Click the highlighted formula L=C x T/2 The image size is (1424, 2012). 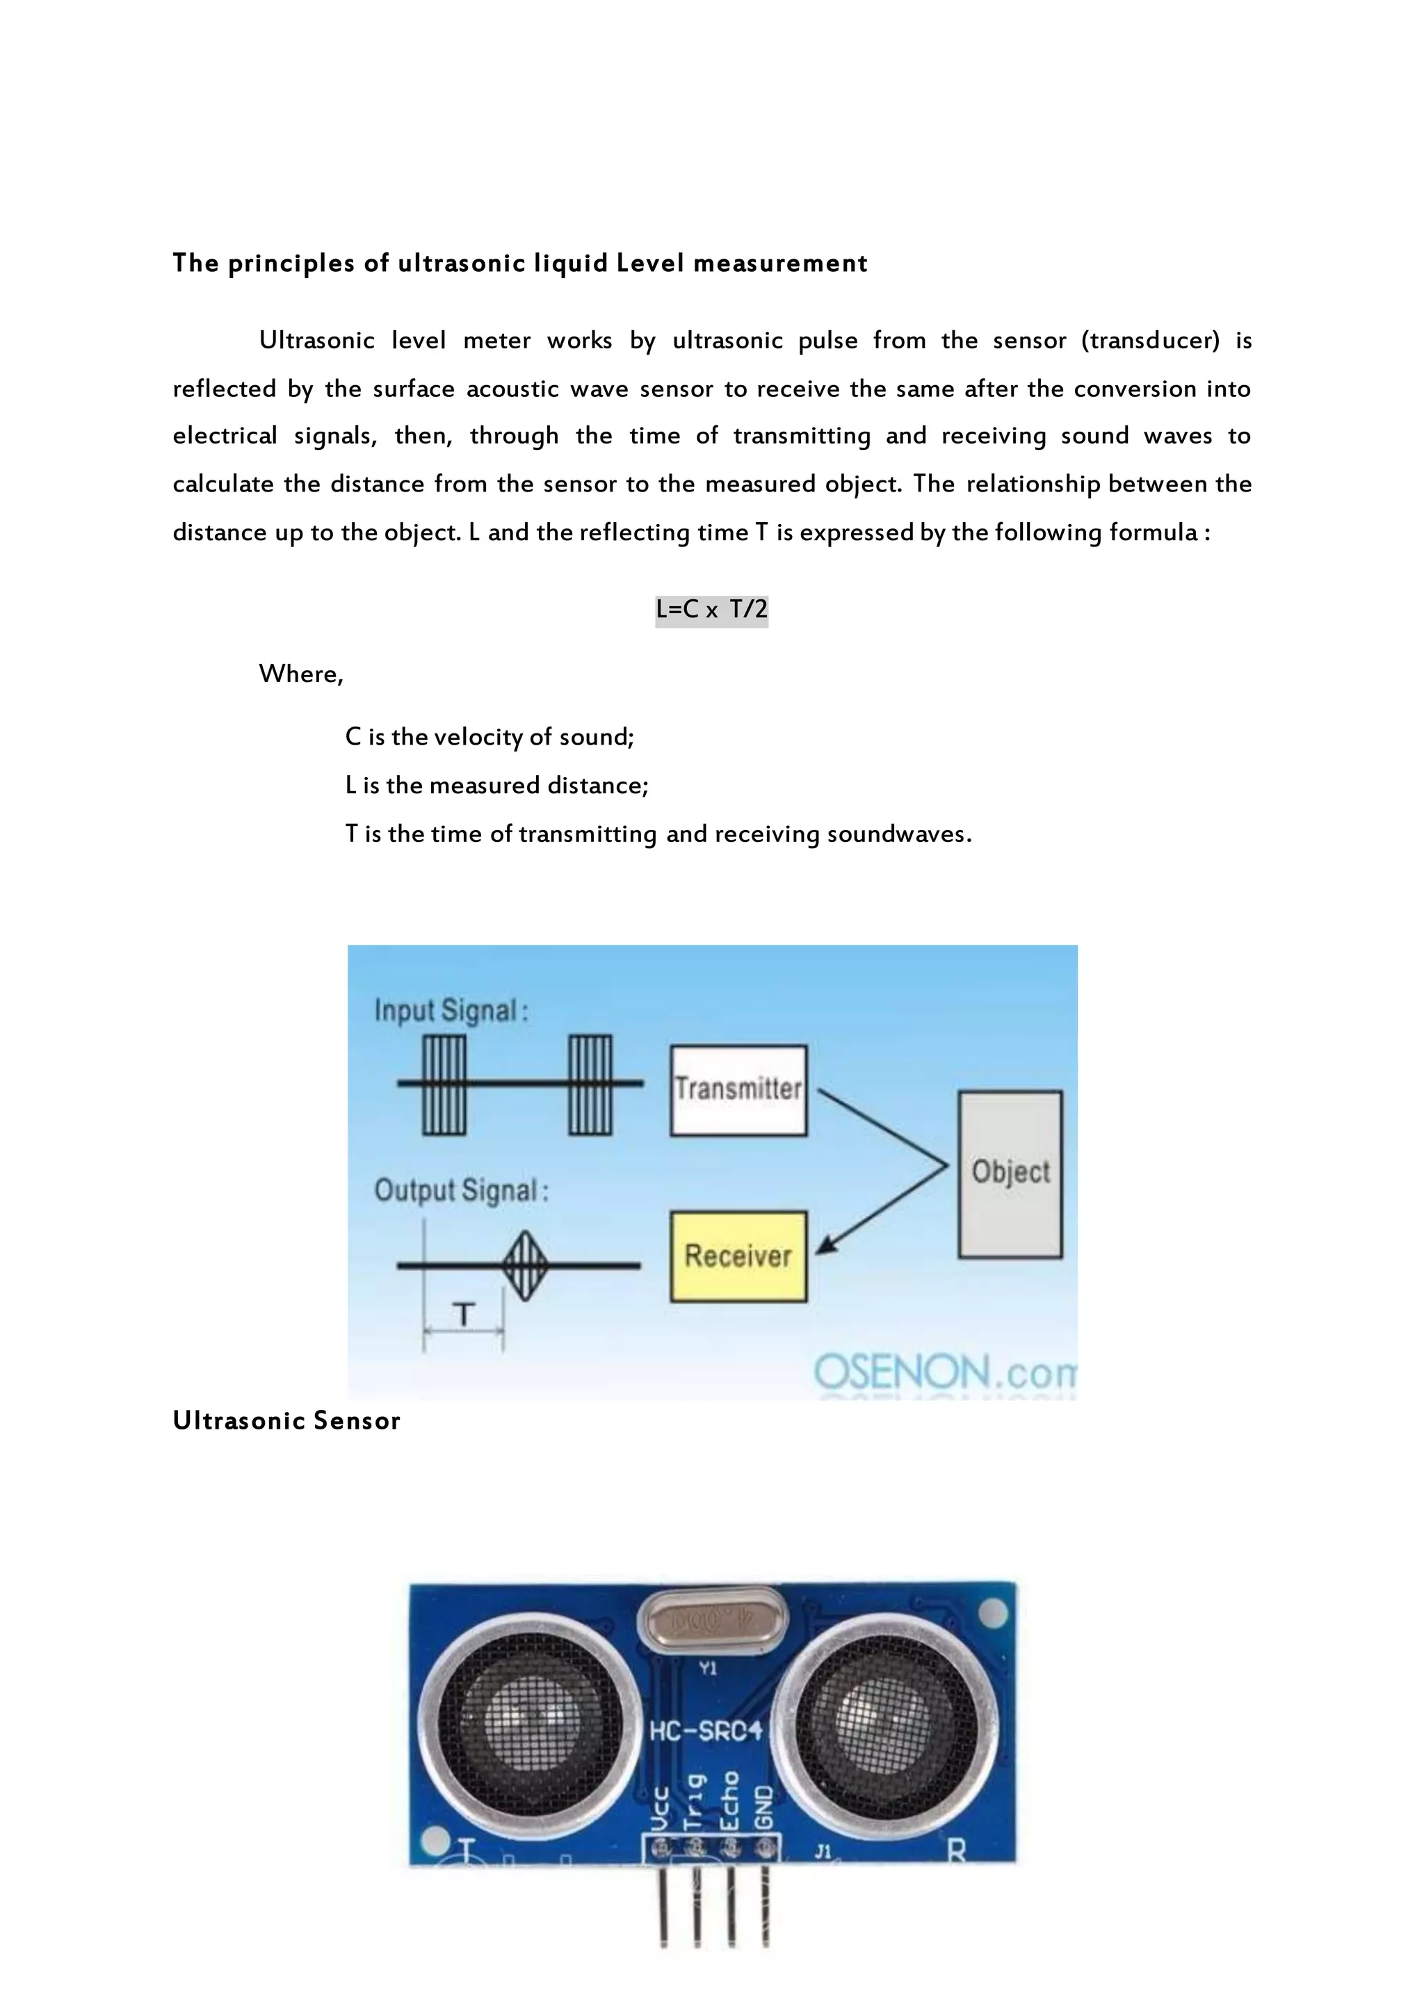pyautogui.click(x=711, y=609)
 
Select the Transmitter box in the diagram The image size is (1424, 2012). pyautogui.click(x=738, y=1089)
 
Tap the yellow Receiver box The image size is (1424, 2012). pyautogui.click(x=738, y=1256)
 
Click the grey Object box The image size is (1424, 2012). pyautogui.click(x=1010, y=1173)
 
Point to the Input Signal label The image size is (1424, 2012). pyautogui.click(x=451, y=1011)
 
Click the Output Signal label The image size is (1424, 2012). pyautogui.click(x=461, y=1190)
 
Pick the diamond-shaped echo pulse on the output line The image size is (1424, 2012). pyautogui.click(x=525, y=1265)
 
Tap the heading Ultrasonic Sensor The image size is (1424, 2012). pyautogui.click(x=286, y=1421)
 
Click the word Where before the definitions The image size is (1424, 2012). pyautogui.click(x=300, y=674)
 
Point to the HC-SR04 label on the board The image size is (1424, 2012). pyautogui.click(x=706, y=1730)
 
